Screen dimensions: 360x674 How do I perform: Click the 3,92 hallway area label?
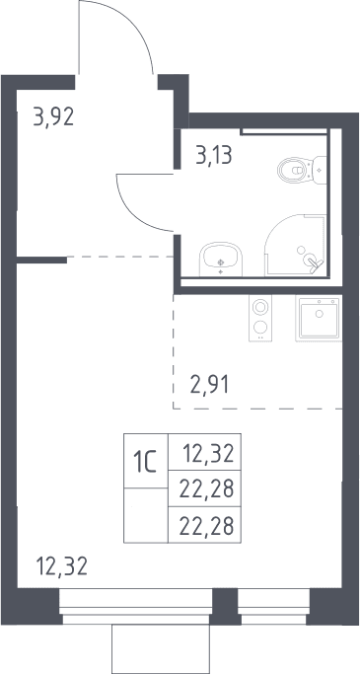[x=53, y=116]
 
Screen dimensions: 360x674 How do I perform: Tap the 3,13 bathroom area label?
[x=214, y=155]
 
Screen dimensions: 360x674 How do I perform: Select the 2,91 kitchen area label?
[x=210, y=384]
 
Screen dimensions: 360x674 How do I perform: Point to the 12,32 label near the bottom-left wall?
[x=62, y=565]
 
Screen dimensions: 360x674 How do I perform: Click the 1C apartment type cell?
[x=146, y=461]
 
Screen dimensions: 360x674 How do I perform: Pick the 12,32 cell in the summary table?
[x=204, y=452]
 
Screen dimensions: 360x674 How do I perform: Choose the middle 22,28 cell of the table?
[x=204, y=488]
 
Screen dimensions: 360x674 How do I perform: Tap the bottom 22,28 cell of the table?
[x=204, y=525]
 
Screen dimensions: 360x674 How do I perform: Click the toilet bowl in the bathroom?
[x=295, y=170]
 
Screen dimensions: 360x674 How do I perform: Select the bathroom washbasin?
[x=221, y=260]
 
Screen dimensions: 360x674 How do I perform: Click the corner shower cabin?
[x=296, y=245]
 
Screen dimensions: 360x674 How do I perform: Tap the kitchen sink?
[x=319, y=318]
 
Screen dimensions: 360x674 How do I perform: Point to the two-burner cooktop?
[x=260, y=318]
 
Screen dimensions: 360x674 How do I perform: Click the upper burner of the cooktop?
[x=260, y=307]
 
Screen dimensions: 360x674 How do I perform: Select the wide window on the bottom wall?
[x=135, y=606]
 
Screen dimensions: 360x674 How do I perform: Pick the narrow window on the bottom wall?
[x=273, y=606]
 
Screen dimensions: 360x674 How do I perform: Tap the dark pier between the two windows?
[x=225, y=606]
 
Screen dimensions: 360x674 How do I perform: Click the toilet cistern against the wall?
[x=320, y=170]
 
